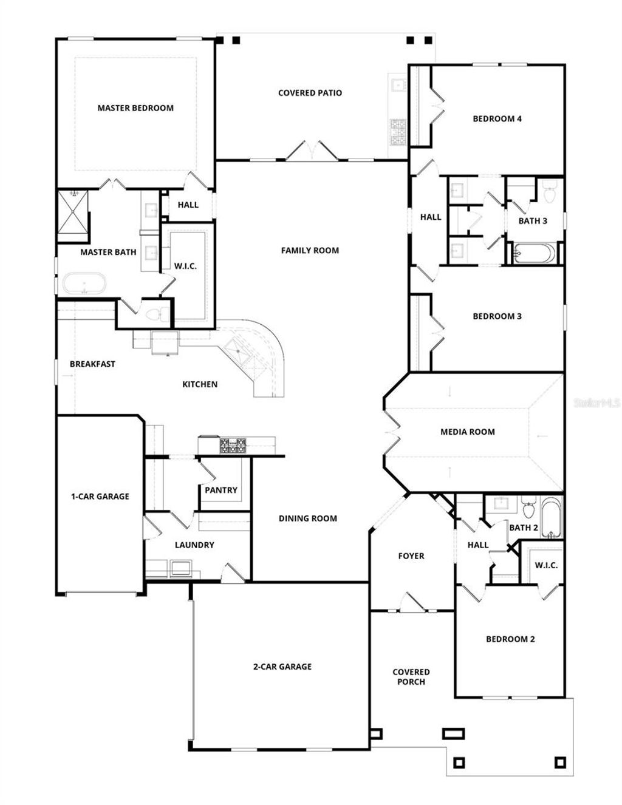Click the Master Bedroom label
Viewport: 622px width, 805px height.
point(135,108)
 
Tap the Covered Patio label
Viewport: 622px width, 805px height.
point(310,93)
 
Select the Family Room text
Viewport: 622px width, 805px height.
point(310,250)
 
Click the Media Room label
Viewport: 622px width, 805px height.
point(467,432)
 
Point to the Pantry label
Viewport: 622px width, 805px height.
point(221,490)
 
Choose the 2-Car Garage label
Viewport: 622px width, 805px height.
point(282,666)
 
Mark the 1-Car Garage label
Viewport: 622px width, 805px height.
point(100,496)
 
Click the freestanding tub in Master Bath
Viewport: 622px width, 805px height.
point(84,284)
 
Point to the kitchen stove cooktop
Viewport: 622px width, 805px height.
point(234,446)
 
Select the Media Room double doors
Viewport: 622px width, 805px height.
point(390,432)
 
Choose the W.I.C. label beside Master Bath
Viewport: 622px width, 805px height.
point(185,266)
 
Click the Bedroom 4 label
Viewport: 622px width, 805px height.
point(497,118)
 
